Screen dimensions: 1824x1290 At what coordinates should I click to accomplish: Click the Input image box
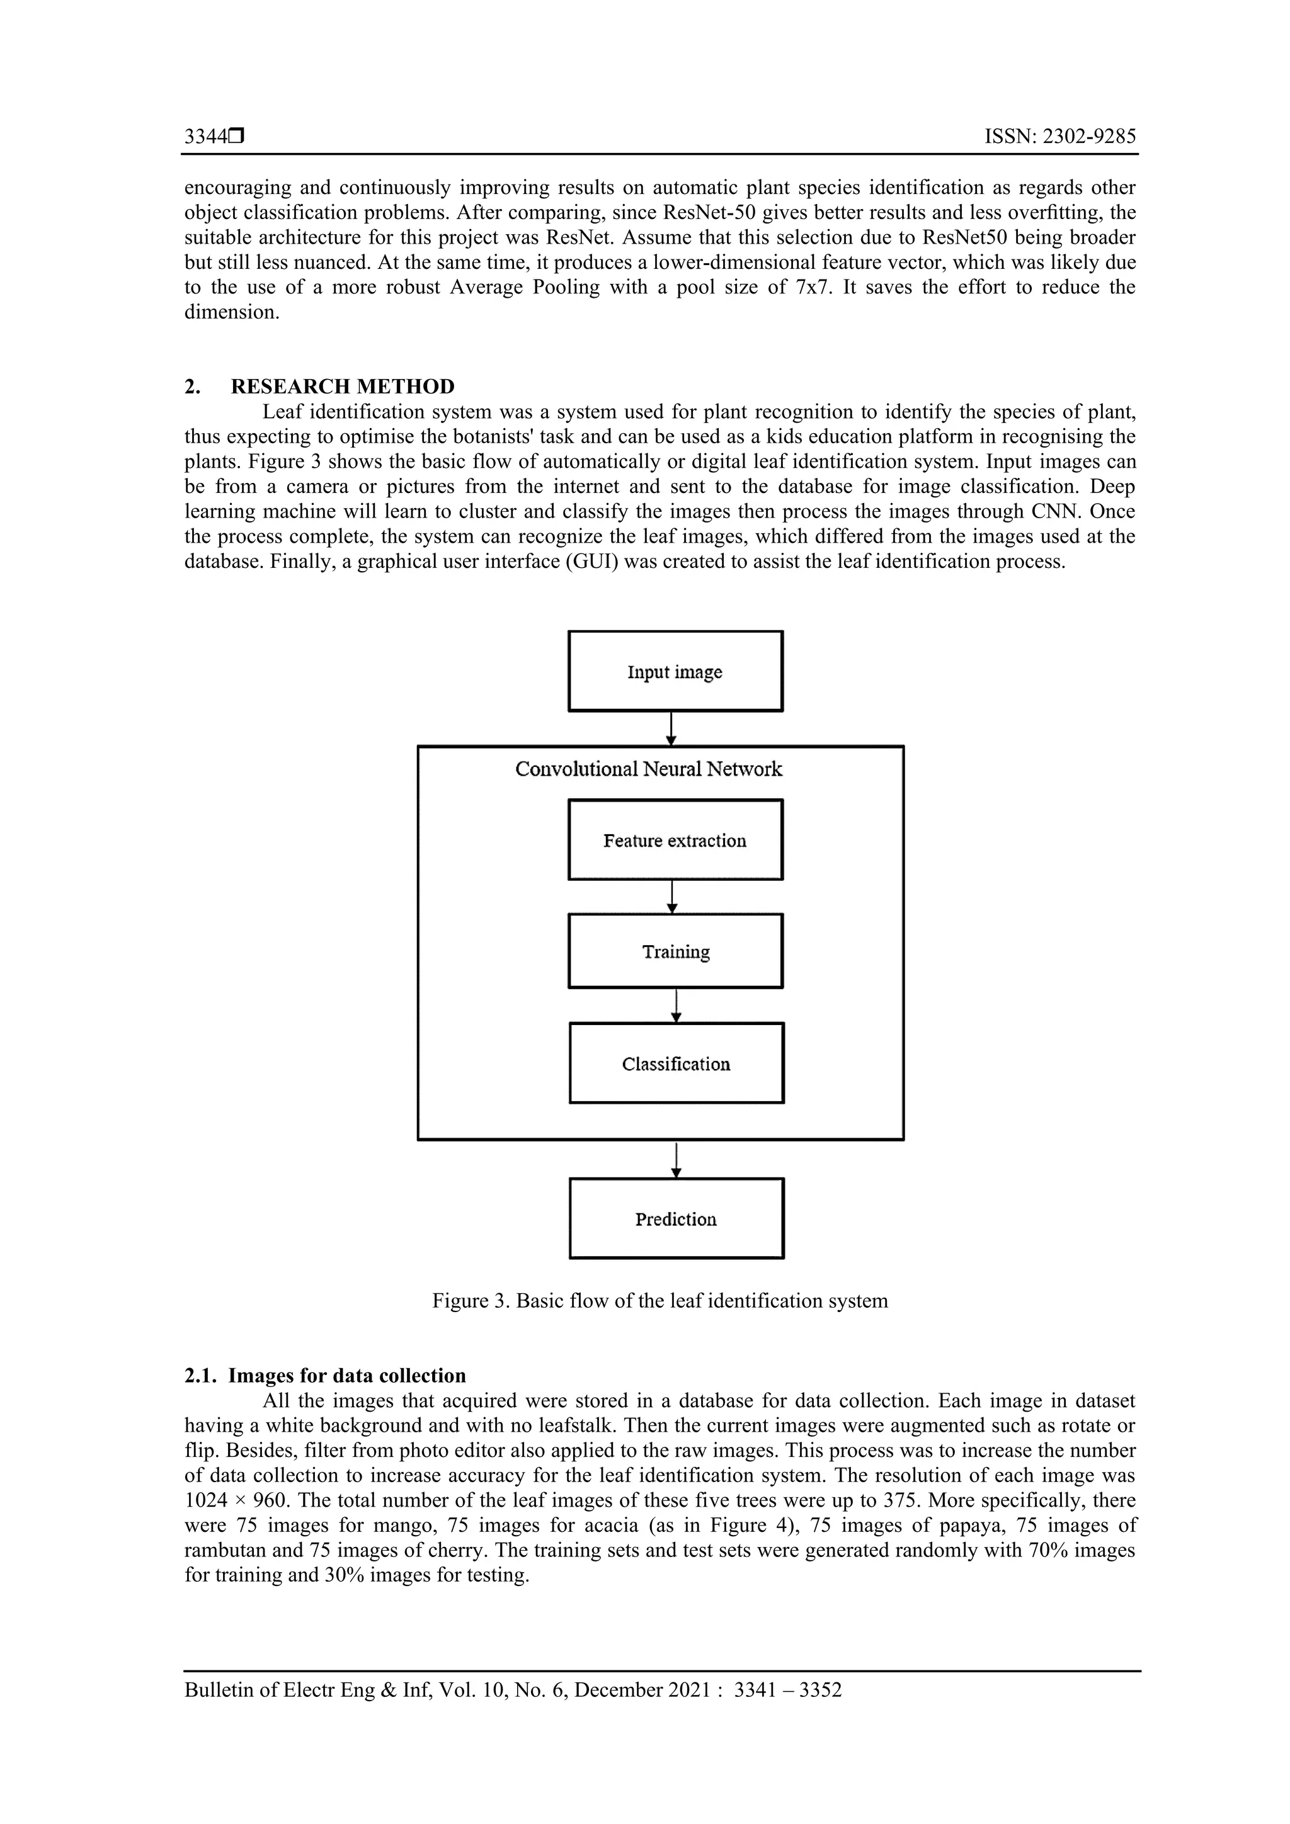675,671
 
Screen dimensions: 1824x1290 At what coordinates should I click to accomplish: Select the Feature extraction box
675,840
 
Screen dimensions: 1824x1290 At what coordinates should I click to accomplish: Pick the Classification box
676,1063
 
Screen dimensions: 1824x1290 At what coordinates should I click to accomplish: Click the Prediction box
676,1219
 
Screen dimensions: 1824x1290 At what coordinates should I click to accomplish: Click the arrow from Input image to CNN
671,728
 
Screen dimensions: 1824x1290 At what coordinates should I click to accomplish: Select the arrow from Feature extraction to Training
673,897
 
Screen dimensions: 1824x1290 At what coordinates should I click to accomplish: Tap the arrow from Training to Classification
676,1005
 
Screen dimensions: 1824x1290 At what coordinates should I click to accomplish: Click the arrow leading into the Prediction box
676,1160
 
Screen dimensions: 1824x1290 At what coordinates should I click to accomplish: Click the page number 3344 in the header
206,137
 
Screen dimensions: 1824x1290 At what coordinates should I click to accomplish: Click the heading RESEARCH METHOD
343,387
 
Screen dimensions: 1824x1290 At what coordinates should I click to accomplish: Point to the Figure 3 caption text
659,1301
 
